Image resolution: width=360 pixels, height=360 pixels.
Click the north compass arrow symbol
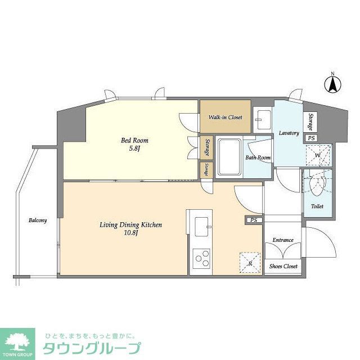[332, 84]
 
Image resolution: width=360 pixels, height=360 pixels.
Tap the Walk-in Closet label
[225, 117]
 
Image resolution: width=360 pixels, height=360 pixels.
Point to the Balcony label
[38, 220]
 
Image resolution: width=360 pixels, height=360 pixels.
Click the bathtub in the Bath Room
[229, 157]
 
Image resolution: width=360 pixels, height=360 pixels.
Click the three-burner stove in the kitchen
[201, 259]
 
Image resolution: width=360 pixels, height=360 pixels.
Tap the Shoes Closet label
[283, 266]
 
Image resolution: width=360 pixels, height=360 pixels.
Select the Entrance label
[283, 240]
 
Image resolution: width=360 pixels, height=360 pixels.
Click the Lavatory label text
[289, 133]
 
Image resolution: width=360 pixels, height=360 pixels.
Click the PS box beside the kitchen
[254, 220]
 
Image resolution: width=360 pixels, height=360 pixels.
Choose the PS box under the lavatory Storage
[310, 138]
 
